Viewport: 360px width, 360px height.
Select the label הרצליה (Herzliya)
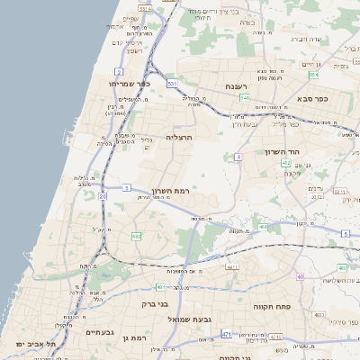pos(180,139)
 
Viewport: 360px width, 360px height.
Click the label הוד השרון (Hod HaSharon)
pos(282,152)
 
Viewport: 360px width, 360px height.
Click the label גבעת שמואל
pos(188,319)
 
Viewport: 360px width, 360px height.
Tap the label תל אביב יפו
pos(36,344)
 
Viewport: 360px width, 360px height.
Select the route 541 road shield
pos(244,98)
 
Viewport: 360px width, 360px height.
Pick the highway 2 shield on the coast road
pos(119,70)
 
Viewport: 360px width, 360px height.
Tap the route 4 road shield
pos(238,157)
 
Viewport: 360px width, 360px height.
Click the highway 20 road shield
pos(103,194)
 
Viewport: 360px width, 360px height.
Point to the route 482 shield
pos(136,236)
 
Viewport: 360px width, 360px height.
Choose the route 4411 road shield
pos(232,267)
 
